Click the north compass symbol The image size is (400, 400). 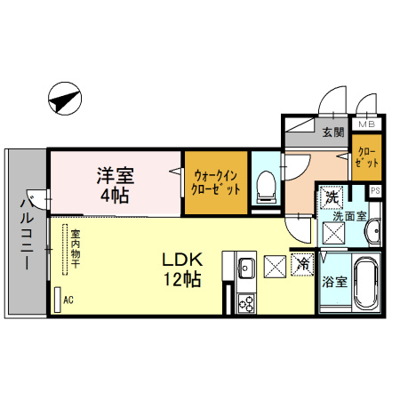click(x=65, y=99)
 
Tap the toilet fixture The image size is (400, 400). click(x=266, y=188)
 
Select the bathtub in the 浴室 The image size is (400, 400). click(x=366, y=282)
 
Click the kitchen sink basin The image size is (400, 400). click(x=246, y=268)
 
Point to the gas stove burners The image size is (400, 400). click(x=246, y=303)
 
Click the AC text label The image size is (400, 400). click(x=68, y=300)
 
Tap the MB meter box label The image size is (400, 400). click(x=367, y=124)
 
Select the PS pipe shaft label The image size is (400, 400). click(x=375, y=190)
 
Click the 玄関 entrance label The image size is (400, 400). click(x=333, y=132)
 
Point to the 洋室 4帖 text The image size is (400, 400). click(x=116, y=186)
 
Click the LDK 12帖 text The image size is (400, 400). click(x=182, y=269)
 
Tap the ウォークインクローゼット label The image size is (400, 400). click(x=216, y=182)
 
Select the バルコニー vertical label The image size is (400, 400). click(x=27, y=234)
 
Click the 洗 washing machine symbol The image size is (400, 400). click(x=332, y=197)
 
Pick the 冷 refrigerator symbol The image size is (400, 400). click(x=303, y=264)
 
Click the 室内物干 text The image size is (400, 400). click(x=76, y=248)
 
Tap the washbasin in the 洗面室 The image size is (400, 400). click(x=373, y=231)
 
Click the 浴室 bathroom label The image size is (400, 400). click(x=334, y=282)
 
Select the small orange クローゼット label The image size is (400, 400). click(x=367, y=157)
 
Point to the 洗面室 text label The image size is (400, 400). click(x=350, y=216)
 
